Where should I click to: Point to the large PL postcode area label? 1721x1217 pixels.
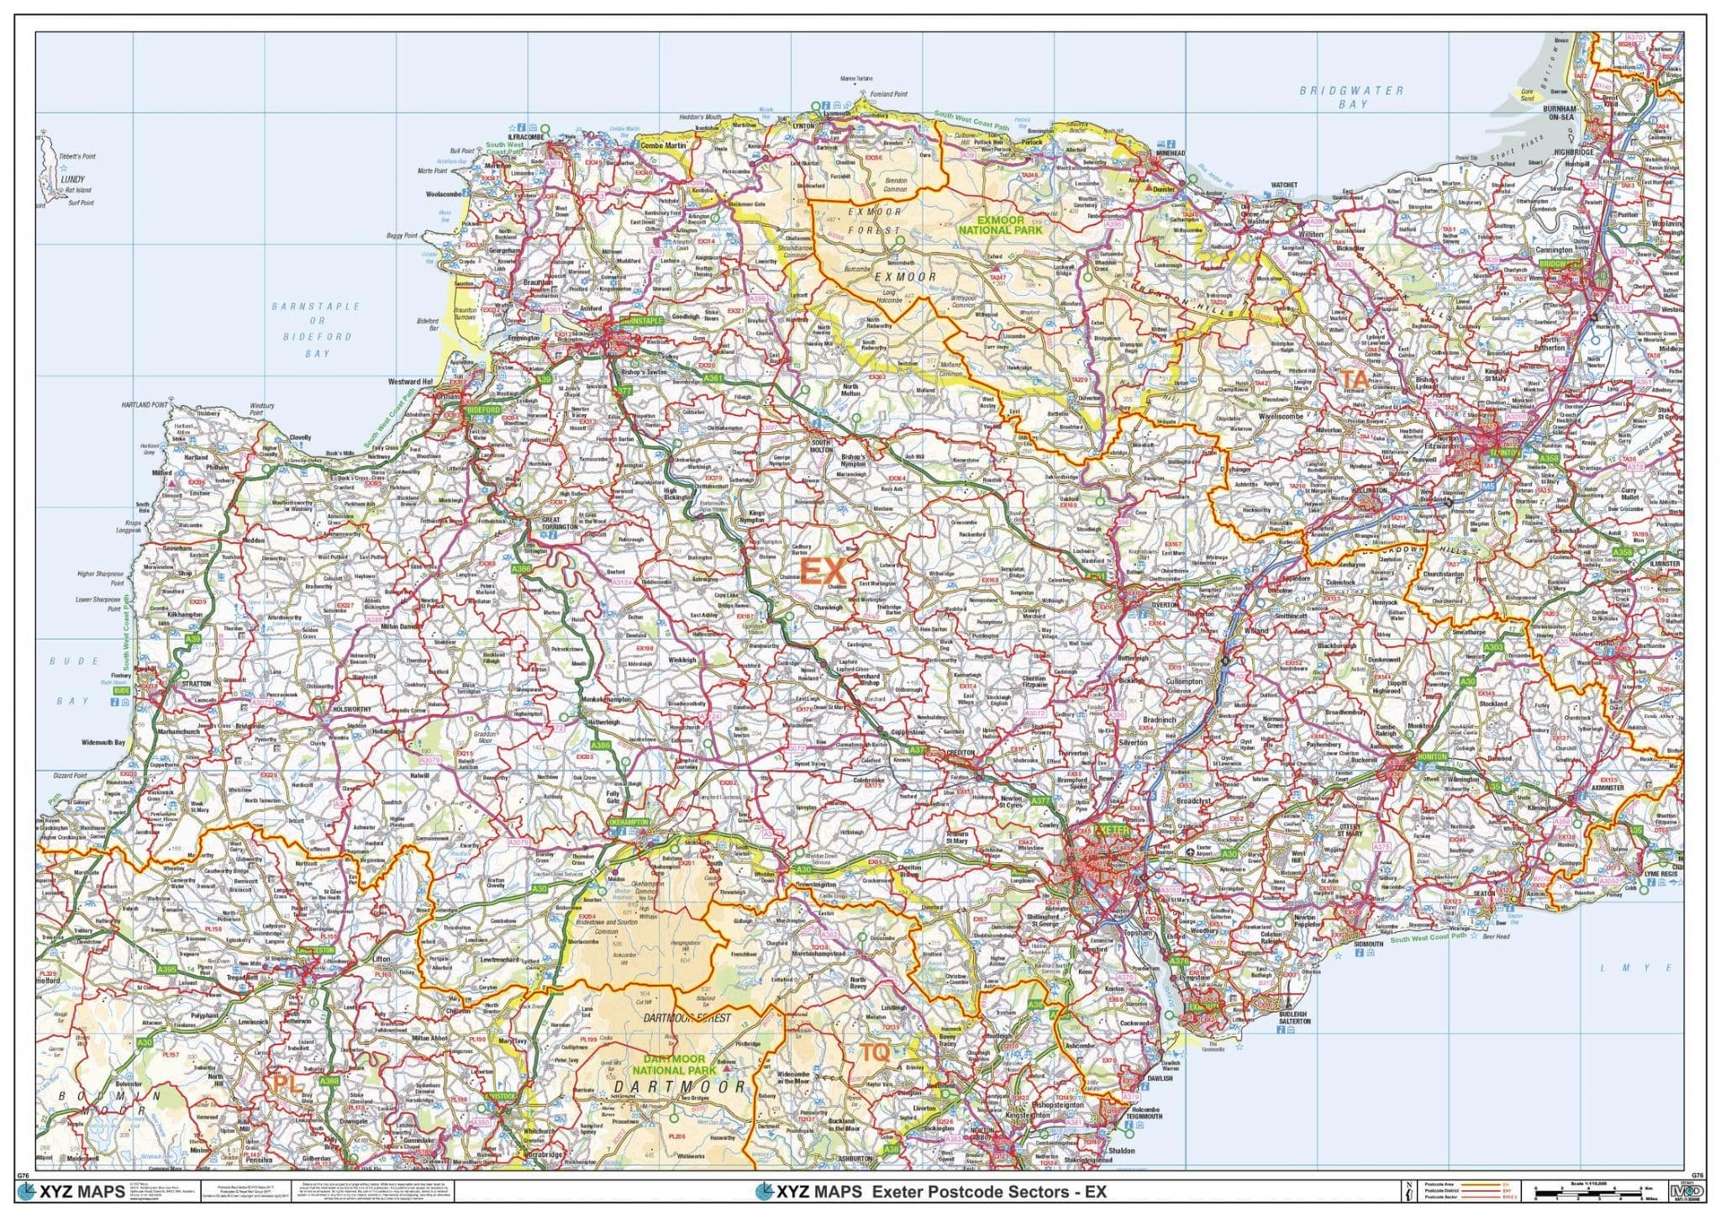[287, 1084]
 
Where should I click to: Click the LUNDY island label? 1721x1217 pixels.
[73, 179]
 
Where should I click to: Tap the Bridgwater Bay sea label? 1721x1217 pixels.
[1351, 97]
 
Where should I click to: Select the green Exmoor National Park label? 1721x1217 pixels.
[1000, 224]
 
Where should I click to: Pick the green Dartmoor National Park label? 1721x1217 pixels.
[674, 1065]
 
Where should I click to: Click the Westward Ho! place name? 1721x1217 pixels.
[410, 382]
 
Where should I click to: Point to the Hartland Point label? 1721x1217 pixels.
[145, 405]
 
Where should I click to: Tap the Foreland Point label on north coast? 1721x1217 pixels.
[888, 95]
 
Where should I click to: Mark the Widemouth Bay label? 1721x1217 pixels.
[104, 743]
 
